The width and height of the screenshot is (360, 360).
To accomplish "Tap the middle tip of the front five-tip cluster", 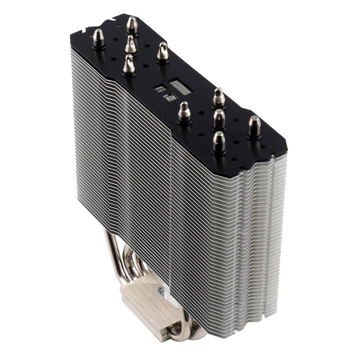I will point(219,119).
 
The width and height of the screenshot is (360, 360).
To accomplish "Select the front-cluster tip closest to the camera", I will point(219,142).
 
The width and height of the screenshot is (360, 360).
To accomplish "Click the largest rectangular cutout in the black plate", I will point(180,87).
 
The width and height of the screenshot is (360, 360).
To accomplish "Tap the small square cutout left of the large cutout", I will point(159,89).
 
